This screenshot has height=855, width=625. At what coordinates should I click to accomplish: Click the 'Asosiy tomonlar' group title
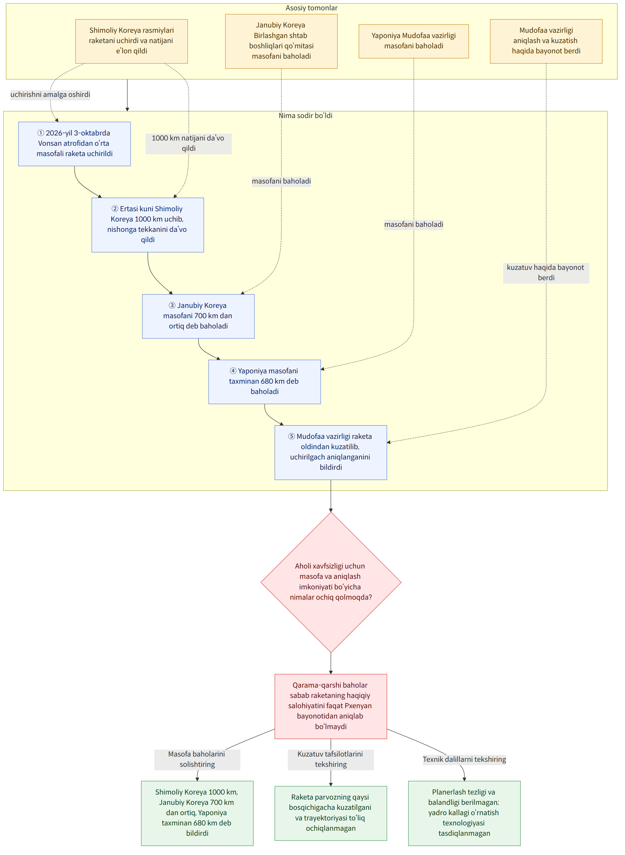coord(311,8)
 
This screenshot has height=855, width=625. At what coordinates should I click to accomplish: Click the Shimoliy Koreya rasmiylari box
coord(132,41)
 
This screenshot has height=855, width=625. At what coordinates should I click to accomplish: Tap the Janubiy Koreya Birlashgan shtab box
coord(281,41)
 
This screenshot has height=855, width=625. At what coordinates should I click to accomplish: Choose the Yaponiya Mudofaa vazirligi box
coord(414,41)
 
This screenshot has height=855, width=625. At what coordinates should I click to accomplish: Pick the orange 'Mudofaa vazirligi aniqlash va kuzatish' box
coord(546,41)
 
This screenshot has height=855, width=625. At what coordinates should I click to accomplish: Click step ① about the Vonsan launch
coord(74,144)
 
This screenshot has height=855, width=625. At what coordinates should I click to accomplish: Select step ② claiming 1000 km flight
coord(148,225)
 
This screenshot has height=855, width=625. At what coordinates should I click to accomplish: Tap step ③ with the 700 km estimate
coord(198,316)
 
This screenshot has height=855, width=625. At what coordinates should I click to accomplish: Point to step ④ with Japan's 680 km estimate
coord(264,382)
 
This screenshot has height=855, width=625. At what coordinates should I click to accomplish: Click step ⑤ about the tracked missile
coord(331,453)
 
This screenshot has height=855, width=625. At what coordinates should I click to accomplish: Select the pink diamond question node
coord(331,582)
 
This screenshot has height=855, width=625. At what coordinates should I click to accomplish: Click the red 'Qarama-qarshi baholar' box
coord(331,706)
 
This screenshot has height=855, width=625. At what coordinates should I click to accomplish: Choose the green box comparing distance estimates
coord(197,813)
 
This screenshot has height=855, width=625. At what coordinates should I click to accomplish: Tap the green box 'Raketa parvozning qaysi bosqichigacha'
coord(331,813)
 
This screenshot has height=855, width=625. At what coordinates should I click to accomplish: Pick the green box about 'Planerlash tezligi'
coord(464,813)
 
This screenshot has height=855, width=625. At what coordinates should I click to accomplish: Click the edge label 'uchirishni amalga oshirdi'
coord(50,95)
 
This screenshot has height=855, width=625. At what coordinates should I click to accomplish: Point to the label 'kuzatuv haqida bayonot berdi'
coord(546,273)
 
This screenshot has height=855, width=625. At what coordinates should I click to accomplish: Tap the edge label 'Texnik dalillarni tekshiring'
coord(464,759)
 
